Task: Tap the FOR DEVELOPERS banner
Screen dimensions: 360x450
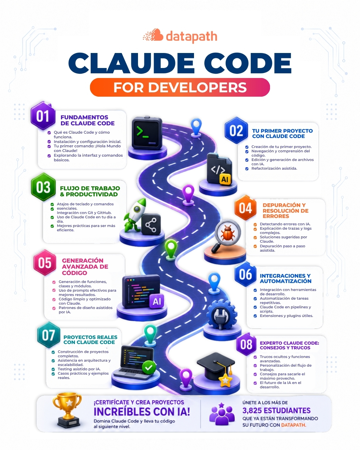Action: pyautogui.click(x=180, y=87)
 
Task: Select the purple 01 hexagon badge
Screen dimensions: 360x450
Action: pyautogui.click(x=43, y=116)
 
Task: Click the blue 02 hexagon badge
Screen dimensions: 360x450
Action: pyautogui.click(x=236, y=130)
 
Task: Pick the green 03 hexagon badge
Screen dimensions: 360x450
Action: pyautogui.click(x=43, y=187)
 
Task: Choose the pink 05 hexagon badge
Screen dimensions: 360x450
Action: pyautogui.click(x=45, y=263)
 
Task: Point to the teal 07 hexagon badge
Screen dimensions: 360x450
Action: pyautogui.click(x=49, y=335)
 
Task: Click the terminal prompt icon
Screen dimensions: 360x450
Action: pyautogui.click(x=147, y=133)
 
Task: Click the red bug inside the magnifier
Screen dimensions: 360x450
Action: pyautogui.click(x=227, y=233)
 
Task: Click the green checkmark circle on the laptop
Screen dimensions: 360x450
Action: pyautogui.click(x=149, y=368)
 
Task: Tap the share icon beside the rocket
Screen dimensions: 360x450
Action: pyautogui.click(x=151, y=224)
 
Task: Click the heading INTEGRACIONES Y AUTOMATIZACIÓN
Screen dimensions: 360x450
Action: pyautogui.click(x=286, y=278)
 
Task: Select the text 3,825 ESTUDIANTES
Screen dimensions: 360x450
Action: pyautogui.click(x=276, y=410)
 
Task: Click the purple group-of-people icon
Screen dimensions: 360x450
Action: pyautogui.click(x=222, y=414)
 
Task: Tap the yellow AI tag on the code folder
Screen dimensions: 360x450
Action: pyautogui.click(x=225, y=179)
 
